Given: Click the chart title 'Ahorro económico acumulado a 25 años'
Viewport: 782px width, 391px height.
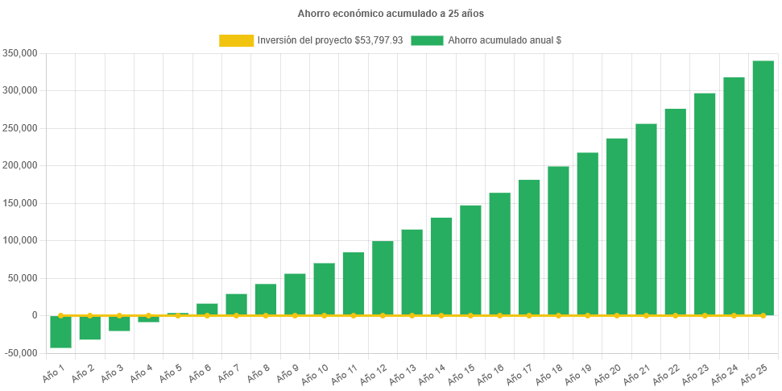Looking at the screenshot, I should [391, 14].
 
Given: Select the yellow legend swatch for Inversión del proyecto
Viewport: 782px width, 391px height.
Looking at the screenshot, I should [235, 40].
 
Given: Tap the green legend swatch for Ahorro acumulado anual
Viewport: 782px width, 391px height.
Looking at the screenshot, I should [427, 40].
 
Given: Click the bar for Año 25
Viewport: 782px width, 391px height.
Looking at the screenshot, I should [763, 188].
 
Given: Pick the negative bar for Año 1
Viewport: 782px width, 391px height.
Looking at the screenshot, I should [60, 331].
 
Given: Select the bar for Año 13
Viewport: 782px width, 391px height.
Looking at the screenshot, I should [412, 272].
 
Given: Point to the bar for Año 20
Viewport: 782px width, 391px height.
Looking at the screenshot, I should [617, 227].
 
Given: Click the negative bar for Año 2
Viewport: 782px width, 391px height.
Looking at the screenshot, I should [89, 327].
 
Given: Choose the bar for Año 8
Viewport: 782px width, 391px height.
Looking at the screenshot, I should [266, 299].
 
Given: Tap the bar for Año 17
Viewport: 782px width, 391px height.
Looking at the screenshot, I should [529, 247].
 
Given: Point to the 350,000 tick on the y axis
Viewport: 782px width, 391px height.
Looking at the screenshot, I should [22, 53].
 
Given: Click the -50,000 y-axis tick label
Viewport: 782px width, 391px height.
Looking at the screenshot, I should [22, 353].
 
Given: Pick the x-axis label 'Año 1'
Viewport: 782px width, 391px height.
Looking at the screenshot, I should [53, 372].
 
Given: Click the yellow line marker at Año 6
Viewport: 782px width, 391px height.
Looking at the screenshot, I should [207, 315].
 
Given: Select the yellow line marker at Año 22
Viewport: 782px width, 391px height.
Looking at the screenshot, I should [675, 315].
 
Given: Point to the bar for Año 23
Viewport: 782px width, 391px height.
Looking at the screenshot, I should [705, 204].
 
